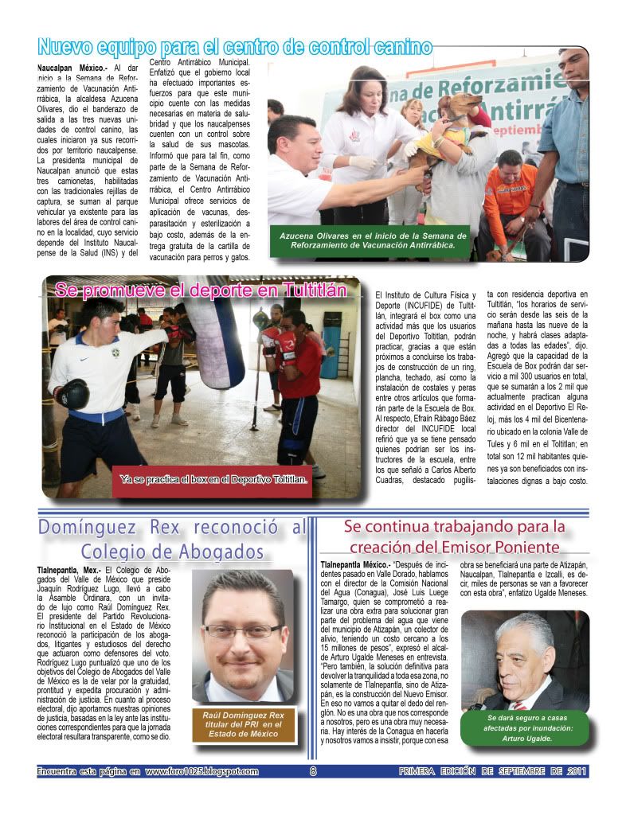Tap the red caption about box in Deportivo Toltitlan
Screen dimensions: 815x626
[x=213, y=479]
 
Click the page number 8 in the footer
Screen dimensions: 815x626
[x=313, y=770]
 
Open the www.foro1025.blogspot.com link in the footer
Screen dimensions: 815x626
[x=201, y=770]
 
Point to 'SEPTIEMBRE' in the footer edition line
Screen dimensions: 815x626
[x=515, y=770]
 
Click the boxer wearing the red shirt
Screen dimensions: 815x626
[x=296, y=374]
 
